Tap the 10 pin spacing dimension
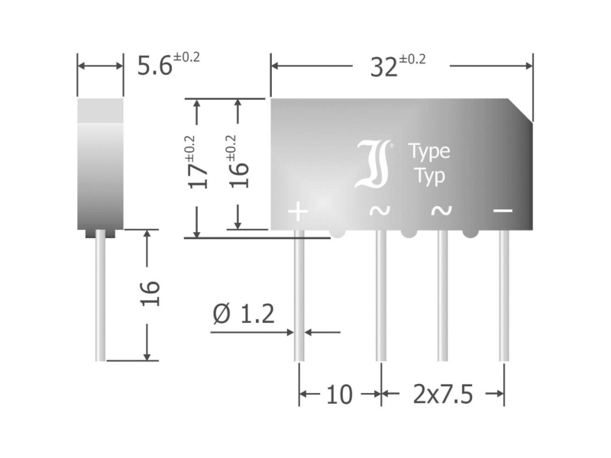click(x=339, y=395)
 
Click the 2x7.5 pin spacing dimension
click(x=444, y=395)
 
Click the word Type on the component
click(x=429, y=151)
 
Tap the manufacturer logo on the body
click(x=374, y=163)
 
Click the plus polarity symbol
click(x=298, y=211)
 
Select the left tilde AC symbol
click(x=380, y=211)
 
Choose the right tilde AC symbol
click(x=441, y=211)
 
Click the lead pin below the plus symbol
click(x=299, y=298)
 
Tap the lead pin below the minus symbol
click(x=503, y=298)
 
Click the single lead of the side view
click(x=100, y=298)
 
